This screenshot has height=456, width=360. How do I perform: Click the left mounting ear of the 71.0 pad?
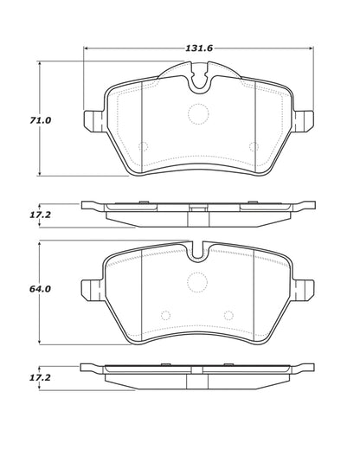point(93,122)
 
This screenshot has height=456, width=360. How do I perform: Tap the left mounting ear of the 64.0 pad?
point(93,290)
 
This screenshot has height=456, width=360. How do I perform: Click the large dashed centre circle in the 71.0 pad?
point(198,113)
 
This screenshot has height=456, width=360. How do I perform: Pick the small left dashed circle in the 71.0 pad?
point(144,146)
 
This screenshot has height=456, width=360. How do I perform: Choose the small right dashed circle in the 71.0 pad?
point(252,146)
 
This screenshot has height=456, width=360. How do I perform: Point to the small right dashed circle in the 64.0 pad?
point(228,315)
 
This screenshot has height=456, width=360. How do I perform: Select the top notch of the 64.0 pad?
point(198,254)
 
